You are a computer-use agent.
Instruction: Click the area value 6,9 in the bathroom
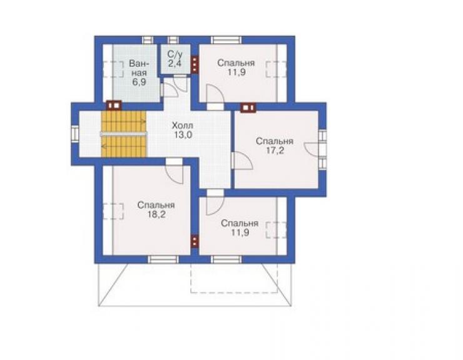point(139,82)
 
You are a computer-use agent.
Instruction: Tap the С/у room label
point(175,54)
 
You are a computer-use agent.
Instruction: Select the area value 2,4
point(175,63)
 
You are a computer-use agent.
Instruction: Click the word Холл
point(183,126)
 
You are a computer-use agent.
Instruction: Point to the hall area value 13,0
point(183,135)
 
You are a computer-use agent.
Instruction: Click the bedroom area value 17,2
point(275,150)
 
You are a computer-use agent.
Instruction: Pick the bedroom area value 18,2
point(156,214)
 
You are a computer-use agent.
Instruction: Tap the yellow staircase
point(123,134)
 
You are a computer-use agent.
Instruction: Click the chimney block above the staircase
point(114,105)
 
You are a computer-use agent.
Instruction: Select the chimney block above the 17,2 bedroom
point(248,108)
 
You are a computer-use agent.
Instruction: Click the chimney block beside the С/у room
point(195,64)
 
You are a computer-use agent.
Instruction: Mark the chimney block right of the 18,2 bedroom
point(195,240)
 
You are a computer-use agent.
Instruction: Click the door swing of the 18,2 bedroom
point(174,172)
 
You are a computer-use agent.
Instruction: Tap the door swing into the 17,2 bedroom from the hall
point(242,160)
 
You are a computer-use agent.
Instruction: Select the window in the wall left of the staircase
point(75,134)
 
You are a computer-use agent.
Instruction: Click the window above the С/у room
point(173,40)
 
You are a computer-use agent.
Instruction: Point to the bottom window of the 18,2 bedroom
point(163,259)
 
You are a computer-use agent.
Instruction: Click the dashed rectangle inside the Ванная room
point(113,69)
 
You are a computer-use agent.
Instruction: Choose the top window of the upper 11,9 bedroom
point(226,40)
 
